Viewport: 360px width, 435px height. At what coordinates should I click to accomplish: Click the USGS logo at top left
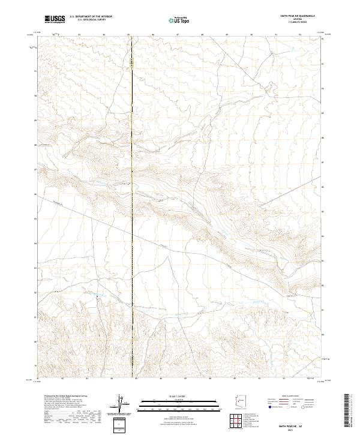pos(55,19)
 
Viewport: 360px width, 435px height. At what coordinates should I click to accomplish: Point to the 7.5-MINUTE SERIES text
pos(298,23)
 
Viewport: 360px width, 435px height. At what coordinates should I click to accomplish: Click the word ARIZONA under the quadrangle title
pos(298,20)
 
